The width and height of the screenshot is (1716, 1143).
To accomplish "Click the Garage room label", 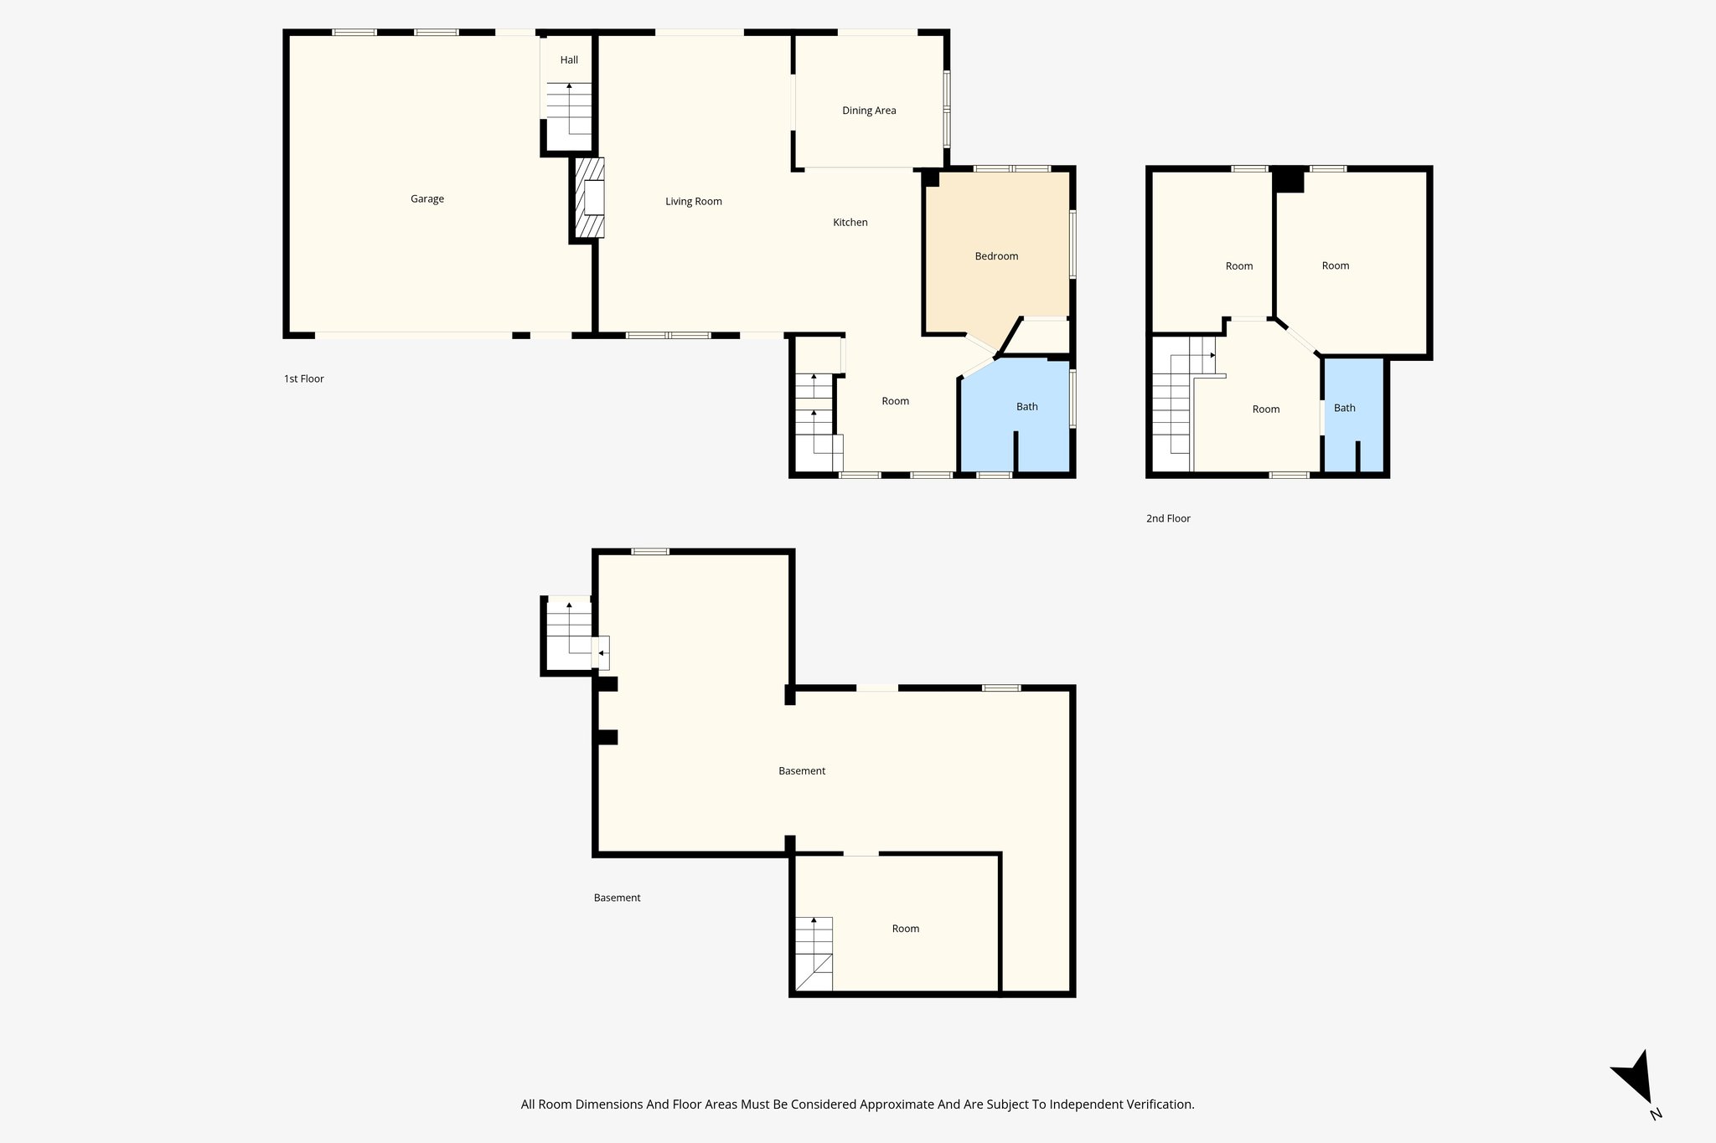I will point(426,198).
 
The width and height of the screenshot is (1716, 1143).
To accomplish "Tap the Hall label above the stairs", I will point(569,59).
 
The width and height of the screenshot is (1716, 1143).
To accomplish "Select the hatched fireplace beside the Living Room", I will point(590,198).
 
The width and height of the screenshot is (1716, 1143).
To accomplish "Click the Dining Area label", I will point(869,111).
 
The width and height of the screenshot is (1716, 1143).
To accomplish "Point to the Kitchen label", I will point(850,222).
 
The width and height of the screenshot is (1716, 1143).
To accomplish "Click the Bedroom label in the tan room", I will point(996,256).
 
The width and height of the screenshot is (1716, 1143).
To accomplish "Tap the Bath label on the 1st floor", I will point(1026,407).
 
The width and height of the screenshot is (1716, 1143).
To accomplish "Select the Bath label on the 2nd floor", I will point(1344,408).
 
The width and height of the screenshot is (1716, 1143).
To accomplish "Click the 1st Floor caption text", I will point(303,378).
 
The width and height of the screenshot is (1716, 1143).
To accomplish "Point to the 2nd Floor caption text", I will point(1168,518).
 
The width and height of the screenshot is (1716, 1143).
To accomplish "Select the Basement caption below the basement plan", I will point(617,898).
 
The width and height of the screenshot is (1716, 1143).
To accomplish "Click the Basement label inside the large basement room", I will point(802,771).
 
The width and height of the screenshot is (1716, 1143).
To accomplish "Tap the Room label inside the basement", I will point(905,929).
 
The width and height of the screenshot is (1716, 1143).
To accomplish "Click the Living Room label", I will point(693,201).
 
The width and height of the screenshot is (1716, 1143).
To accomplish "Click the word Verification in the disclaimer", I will point(1159,1104).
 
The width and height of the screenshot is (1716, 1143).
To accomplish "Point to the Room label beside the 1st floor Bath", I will point(895,401).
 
